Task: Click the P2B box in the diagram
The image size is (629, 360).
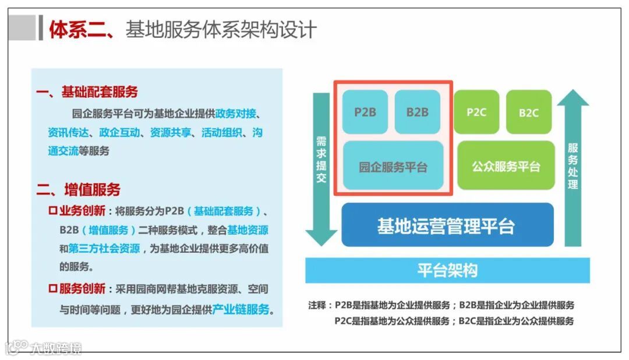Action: click(x=365, y=112)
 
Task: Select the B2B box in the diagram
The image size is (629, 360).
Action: click(x=417, y=112)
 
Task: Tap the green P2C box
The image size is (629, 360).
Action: click(x=476, y=112)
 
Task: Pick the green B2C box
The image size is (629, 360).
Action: click(x=529, y=112)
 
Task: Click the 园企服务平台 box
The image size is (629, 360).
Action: click(x=393, y=167)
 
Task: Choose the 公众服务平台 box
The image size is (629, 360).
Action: click(x=506, y=166)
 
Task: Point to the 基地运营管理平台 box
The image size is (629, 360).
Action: click(x=447, y=225)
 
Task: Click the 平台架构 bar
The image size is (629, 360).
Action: click(x=447, y=270)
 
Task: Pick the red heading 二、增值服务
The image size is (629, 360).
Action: click(x=79, y=189)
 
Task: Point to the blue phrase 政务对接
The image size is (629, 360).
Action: click(x=236, y=112)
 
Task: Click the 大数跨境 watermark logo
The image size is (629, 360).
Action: click(x=44, y=348)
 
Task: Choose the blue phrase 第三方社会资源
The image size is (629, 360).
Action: click(x=104, y=248)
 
